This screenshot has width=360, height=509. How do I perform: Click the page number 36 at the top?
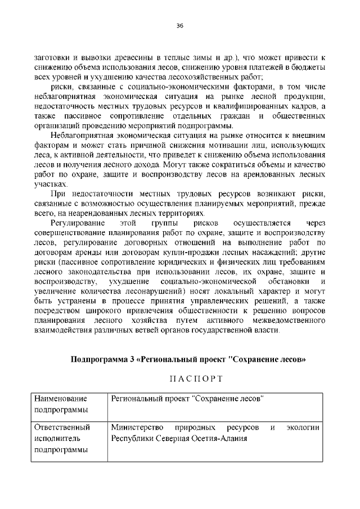180,26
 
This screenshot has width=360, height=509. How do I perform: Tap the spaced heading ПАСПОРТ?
180,376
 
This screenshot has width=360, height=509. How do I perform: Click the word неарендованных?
92,213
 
